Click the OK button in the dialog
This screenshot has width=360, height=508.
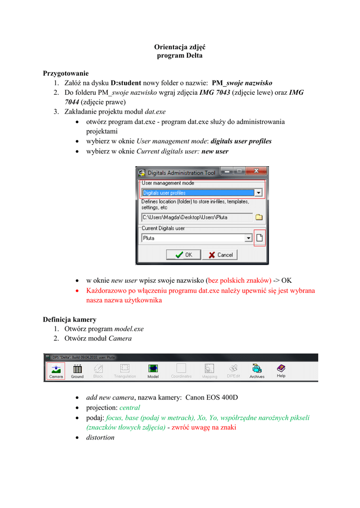[x=183, y=254]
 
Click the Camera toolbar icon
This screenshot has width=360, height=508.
[x=56, y=370]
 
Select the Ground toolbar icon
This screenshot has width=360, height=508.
[x=77, y=370]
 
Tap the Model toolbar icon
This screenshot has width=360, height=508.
[x=153, y=370]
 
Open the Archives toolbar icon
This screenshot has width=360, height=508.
[x=257, y=370]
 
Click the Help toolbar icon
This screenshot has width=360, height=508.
[x=281, y=370]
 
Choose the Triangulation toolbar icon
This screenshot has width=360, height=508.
[x=125, y=370]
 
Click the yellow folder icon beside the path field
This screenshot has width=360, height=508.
[x=259, y=217]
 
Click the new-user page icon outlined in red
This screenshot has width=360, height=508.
[x=259, y=238]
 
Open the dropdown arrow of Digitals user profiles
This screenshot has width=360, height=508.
[x=258, y=192]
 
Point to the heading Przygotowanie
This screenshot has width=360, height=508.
[x=66, y=73]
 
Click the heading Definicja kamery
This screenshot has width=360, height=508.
[x=70, y=319]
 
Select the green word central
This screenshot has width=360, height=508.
[x=130, y=407]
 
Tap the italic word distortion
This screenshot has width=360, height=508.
[x=100, y=437]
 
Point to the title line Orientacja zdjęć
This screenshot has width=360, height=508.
[x=180, y=47]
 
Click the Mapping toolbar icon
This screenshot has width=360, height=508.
[x=209, y=370]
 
